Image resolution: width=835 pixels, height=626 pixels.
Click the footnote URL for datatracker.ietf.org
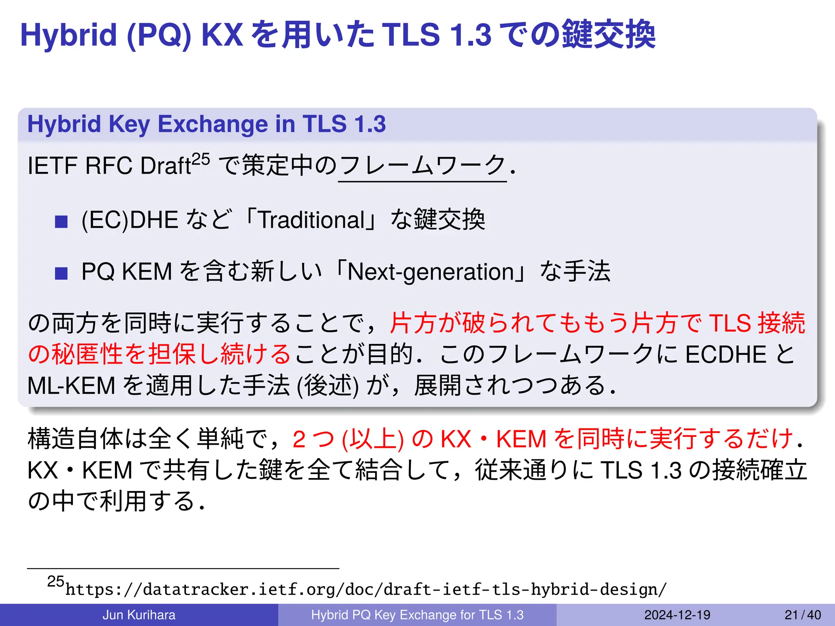(x=366, y=589)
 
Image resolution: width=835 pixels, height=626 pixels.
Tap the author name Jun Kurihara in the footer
(x=139, y=615)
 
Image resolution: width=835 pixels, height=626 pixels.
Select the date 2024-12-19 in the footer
(x=677, y=615)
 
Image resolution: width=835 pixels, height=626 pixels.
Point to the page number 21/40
(x=802, y=615)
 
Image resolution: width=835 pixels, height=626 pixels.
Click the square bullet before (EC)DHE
(x=61, y=222)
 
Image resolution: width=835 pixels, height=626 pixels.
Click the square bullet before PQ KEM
(x=61, y=273)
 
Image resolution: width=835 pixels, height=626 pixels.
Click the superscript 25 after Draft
(x=201, y=159)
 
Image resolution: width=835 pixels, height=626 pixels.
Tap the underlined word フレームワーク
(x=422, y=166)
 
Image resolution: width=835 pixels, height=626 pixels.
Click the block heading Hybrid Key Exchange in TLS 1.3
(x=206, y=124)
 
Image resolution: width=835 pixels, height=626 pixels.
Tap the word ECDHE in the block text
(x=726, y=354)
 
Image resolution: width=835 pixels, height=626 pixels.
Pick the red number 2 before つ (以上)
(x=299, y=439)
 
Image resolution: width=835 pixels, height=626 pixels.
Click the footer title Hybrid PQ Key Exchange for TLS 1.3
(x=417, y=615)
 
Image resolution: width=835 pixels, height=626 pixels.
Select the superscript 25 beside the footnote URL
(x=55, y=581)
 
